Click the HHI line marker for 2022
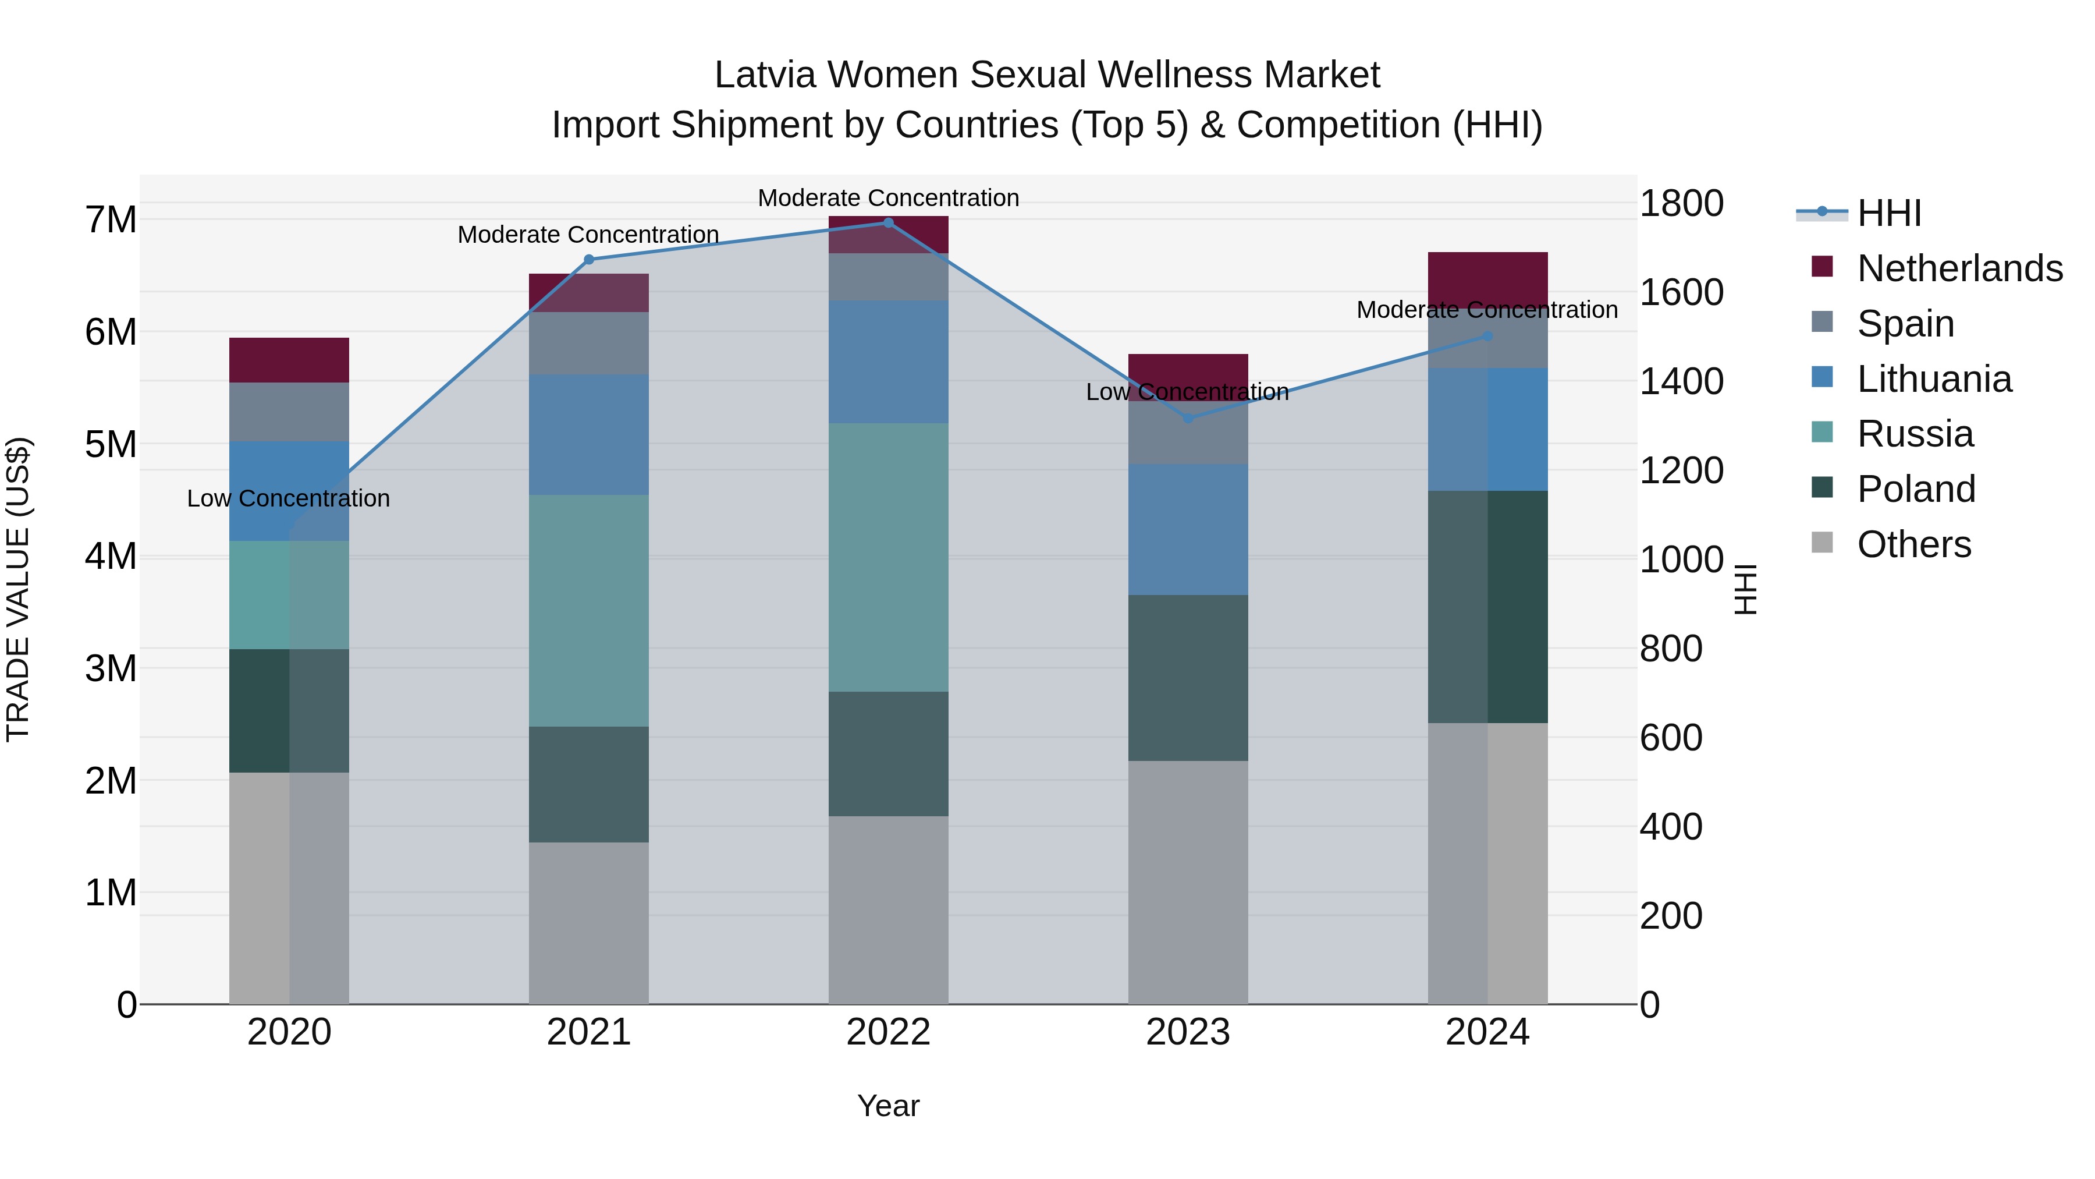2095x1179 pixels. [888, 222]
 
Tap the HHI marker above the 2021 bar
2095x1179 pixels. [589, 260]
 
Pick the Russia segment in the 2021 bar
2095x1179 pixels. [589, 610]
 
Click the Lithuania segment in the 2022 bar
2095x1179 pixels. [888, 362]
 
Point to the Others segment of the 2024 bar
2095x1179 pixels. [1487, 862]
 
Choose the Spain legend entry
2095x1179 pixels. [1905, 324]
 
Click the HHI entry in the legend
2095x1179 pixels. [1888, 213]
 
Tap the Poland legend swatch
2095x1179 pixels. [1823, 488]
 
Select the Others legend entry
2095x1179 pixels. [1913, 544]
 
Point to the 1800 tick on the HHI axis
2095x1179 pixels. [1680, 203]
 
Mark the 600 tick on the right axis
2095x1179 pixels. [1670, 738]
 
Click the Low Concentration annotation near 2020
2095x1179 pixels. [288, 498]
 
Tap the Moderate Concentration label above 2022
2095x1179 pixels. [888, 198]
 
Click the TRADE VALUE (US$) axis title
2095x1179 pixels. [18, 589]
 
